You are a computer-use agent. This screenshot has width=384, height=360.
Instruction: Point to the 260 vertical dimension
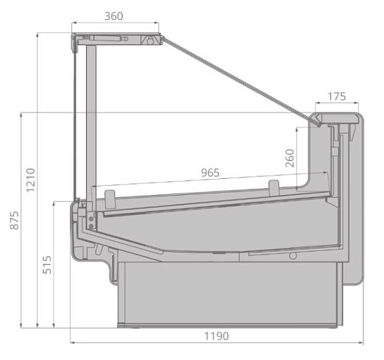point(290,158)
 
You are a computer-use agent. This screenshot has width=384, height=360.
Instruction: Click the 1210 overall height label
point(29,180)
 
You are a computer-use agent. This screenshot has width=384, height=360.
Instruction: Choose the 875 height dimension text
point(10,220)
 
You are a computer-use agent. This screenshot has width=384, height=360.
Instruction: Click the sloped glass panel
point(238,78)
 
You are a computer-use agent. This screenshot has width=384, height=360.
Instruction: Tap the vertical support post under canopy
point(91,115)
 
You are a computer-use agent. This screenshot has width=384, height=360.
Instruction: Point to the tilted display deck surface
point(215,202)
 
